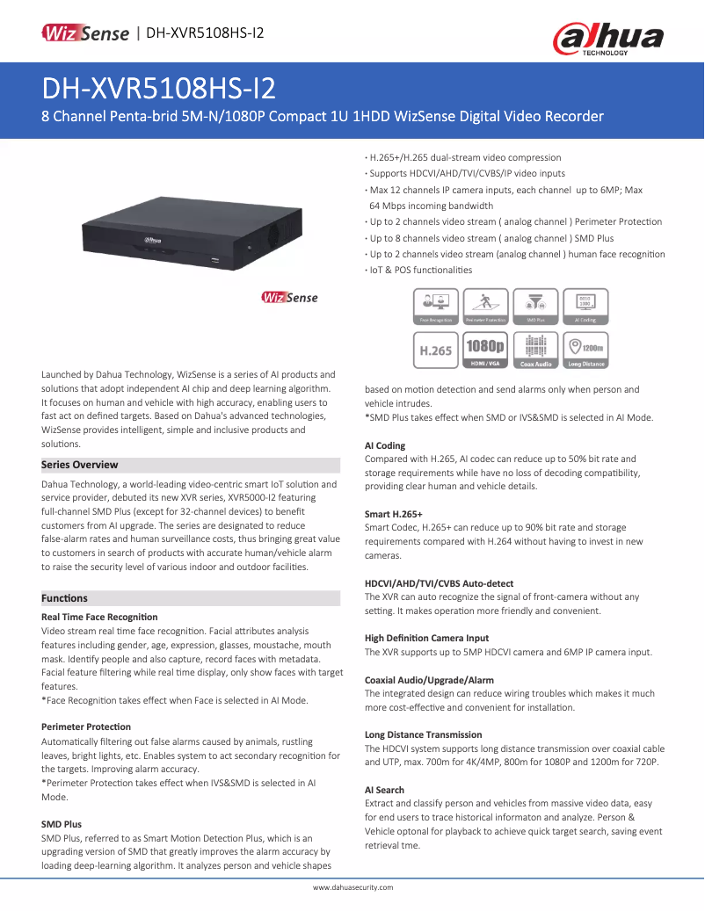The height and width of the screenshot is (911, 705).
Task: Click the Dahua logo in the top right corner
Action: (607, 40)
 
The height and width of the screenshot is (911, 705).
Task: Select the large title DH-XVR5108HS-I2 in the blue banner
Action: (159, 89)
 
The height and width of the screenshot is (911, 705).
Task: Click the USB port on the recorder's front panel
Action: (217, 259)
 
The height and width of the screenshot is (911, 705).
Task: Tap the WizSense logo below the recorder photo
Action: (289, 298)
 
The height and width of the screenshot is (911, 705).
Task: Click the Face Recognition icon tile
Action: (436, 307)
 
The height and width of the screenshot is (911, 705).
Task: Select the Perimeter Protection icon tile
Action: (485, 307)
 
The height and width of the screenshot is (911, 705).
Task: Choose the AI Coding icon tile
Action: (585, 307)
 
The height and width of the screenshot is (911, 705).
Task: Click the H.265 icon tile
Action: (436, 349)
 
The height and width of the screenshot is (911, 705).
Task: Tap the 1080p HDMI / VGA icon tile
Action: (485, 349)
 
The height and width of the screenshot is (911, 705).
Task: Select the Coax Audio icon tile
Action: (535, 349)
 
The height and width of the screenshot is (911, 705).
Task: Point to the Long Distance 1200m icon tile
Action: (585, 349)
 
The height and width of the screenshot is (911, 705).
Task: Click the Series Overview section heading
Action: (80, 465)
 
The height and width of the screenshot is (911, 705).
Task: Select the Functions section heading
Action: (65, 598)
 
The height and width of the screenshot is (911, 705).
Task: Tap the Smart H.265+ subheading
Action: (394, 514)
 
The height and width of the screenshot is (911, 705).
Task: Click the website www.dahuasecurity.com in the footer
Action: (352, 887)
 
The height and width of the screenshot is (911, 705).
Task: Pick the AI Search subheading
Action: (385, 790)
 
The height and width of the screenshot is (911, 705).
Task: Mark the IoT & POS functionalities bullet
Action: (420, 270)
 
